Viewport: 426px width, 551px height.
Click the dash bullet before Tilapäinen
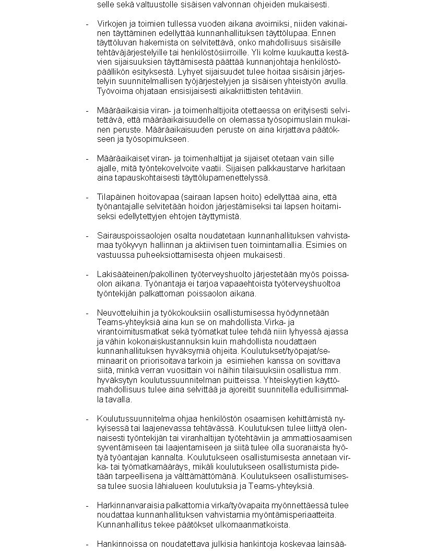(87, 197)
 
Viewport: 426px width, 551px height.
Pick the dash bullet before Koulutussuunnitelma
(87, 419)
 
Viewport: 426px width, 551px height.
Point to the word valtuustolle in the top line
(147, 5)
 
